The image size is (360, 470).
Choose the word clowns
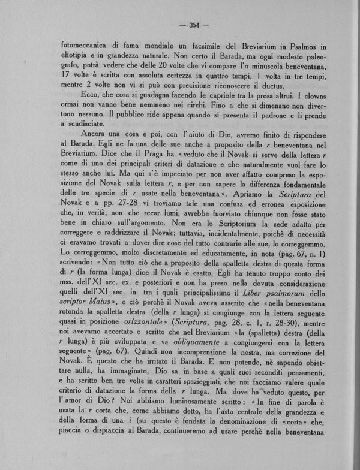point(313,95)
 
